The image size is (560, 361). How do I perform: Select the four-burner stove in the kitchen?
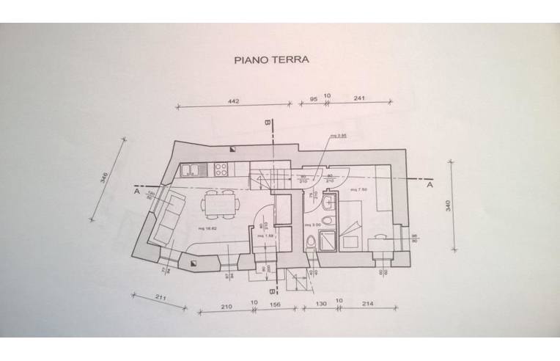pyautogui.click(x=220, y=170)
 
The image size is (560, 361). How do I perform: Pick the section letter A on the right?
pyautogui.click(x=430, y=186)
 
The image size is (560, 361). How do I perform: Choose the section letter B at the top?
pyautogui.click(x=269, y=123)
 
